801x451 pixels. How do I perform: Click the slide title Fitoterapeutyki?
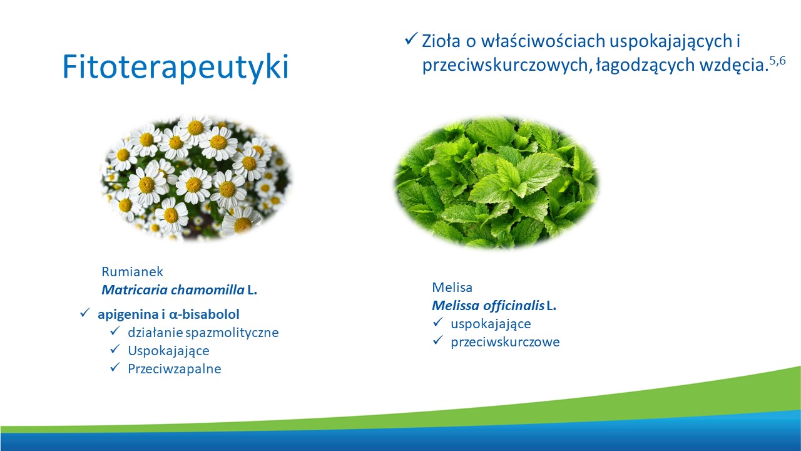(x=175, y=67)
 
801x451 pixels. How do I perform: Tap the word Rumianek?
(x=132, y=272)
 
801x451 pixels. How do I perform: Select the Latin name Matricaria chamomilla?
(x=173, y=289)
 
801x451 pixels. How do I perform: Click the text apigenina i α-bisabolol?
(x=168, y=314)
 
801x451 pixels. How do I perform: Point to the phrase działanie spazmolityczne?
(x=203, y=333)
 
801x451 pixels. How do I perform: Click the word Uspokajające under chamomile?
(x=168, y=351)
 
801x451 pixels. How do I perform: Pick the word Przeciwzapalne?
(x=175, y=369)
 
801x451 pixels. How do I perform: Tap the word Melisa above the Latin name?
(x=452, y=288)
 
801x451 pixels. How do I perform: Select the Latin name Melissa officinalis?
(x=488, y=305)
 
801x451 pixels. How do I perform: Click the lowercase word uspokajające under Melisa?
(x=491, y=324)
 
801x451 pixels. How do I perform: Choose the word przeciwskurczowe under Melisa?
(x=505, y=342)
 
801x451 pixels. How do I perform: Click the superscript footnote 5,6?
(x=777, y=61)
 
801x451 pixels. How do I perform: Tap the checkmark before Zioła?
(x=411, y=38)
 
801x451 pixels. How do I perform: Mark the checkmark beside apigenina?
(x=84, y=313)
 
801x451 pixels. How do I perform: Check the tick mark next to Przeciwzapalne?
(x=115, y=367)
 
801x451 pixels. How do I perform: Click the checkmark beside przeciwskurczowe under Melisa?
(x=437, y=340)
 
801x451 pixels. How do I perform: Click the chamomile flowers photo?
(x=196, y=177)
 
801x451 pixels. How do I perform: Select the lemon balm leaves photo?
(x=496, y=182)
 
